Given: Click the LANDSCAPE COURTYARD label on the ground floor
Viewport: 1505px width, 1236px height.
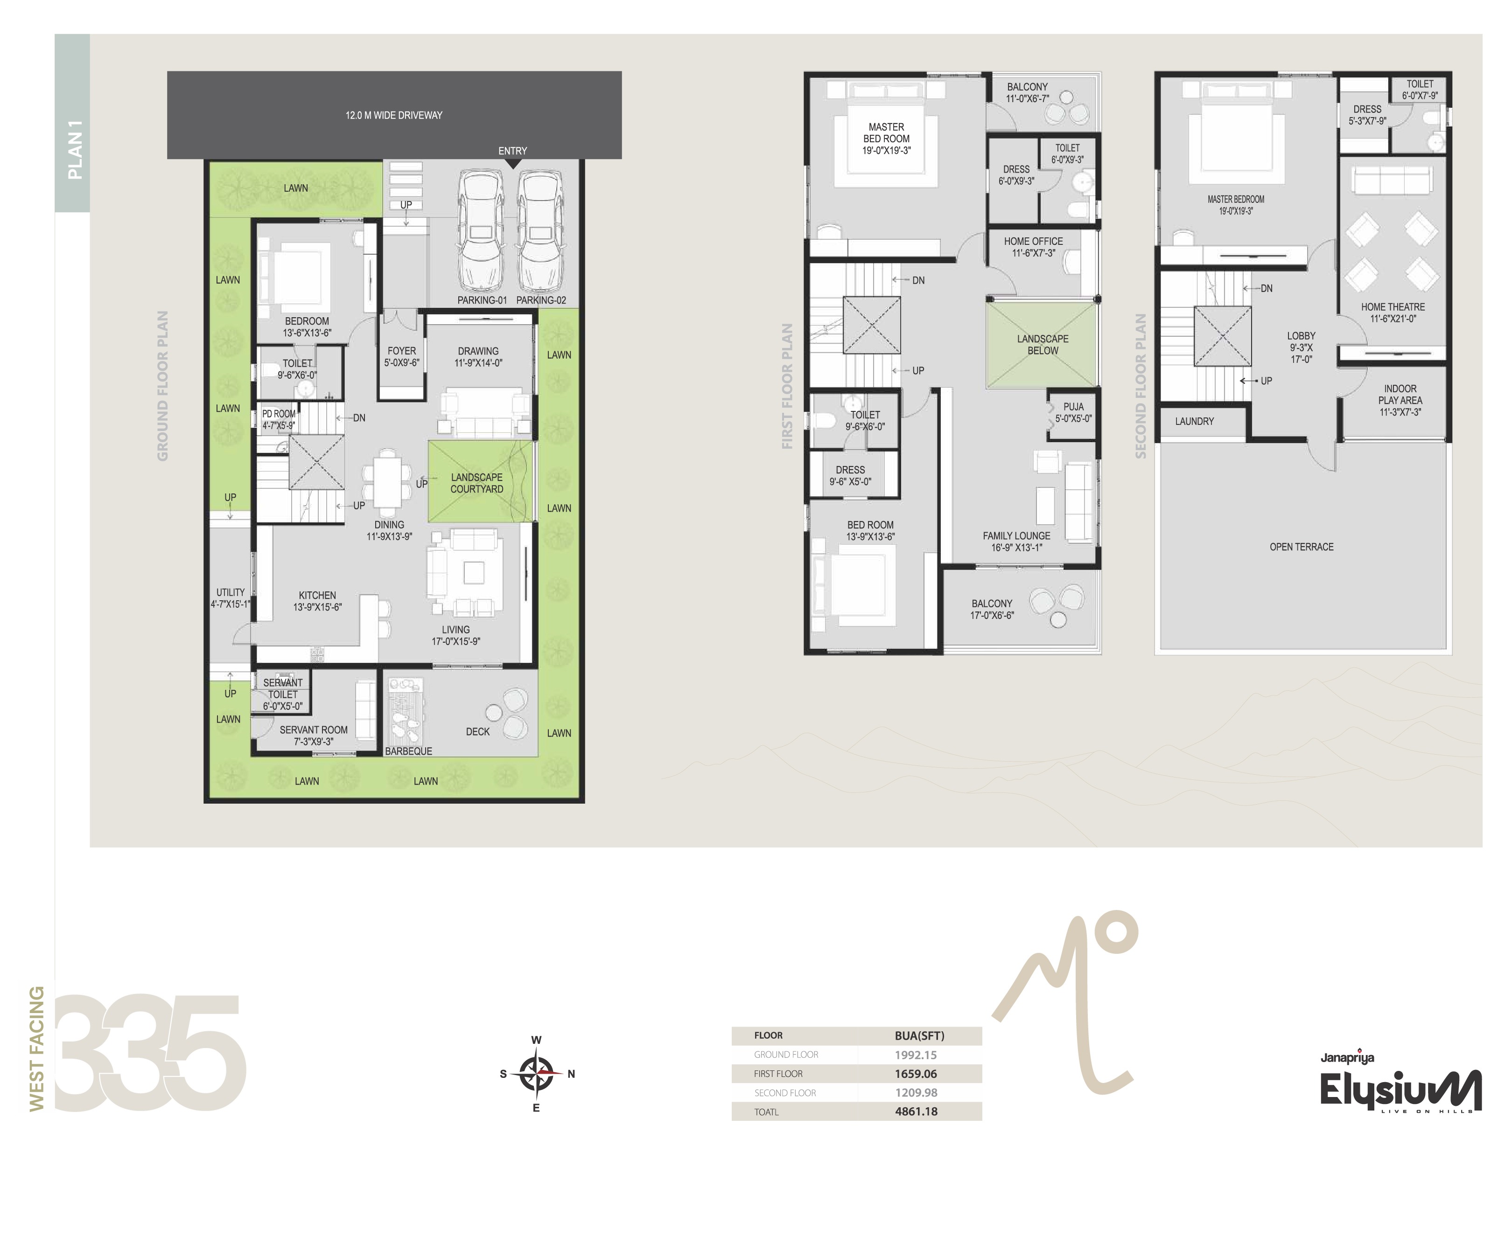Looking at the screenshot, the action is [476, 483].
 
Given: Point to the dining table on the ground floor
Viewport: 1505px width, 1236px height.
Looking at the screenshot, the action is [387, 482].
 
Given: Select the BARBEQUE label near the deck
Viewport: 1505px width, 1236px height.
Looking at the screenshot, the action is [408, 751].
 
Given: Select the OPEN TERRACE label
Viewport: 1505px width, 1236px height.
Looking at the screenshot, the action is [1301, 547].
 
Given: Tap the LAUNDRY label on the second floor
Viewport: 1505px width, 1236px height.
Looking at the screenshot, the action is [1195, 422].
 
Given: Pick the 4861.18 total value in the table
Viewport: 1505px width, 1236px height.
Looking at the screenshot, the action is [916, 1111].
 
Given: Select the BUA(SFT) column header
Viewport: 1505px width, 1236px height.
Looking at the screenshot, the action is [919, 1036].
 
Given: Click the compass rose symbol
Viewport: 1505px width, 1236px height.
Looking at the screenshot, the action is [536, 1074].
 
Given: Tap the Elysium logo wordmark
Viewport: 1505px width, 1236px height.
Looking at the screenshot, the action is [1400, 1090].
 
